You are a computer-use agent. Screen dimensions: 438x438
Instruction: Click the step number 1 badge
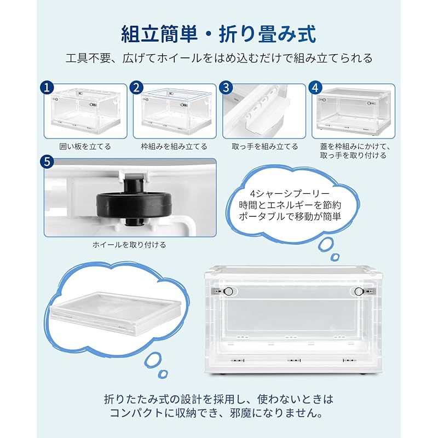tap(47, 88)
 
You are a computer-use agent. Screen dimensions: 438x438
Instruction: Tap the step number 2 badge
tap(136, 88)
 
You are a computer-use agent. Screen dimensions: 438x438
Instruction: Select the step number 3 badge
tap(226, 88)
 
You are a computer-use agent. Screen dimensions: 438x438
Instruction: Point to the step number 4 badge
tap(315, 88)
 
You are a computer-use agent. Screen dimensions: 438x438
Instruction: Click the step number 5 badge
tap(47, 162)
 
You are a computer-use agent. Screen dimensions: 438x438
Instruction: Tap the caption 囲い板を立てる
tap(85, 146)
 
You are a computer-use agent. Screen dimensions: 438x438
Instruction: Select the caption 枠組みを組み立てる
tap(174, 146)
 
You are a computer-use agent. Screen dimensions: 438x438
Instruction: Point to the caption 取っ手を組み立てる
tap(265, 146)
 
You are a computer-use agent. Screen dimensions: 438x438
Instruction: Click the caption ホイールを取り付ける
tap(129, 245)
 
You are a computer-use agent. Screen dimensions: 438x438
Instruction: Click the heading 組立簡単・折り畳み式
tap(218, 34)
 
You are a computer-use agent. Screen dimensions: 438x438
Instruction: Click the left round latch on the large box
tap(228, 291)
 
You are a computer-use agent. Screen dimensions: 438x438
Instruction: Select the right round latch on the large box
tap(359, 292)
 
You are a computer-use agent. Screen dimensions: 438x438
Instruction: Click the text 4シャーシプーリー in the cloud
tap(290, 193)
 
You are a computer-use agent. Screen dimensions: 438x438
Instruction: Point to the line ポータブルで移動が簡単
tap(290, 216)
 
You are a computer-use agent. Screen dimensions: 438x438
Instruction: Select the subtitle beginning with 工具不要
tap(219, 58)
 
